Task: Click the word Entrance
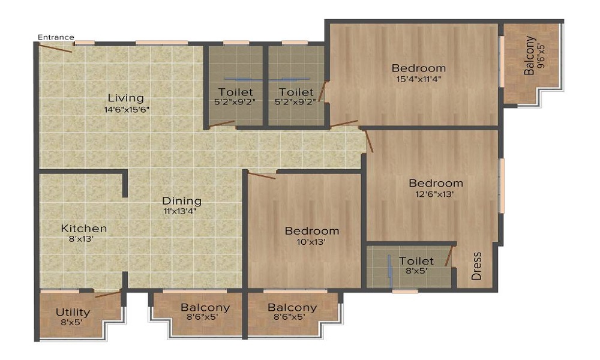[56, 37]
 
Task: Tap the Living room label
[125, 98]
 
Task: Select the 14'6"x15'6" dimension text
[125, 110]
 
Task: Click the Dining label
[181, 201]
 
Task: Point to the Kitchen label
[84, 229]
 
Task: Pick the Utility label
[73, 312]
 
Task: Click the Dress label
[477, 265]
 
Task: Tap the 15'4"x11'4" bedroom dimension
[418, 78]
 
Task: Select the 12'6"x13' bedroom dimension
[436, 194]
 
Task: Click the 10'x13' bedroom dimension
[311, 242]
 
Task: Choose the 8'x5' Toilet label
[416, 261]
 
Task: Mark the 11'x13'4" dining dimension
[181, 211]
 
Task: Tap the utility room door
[108, 294]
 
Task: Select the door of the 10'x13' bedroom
[262, 176]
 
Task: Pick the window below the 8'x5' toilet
[405, 291]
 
